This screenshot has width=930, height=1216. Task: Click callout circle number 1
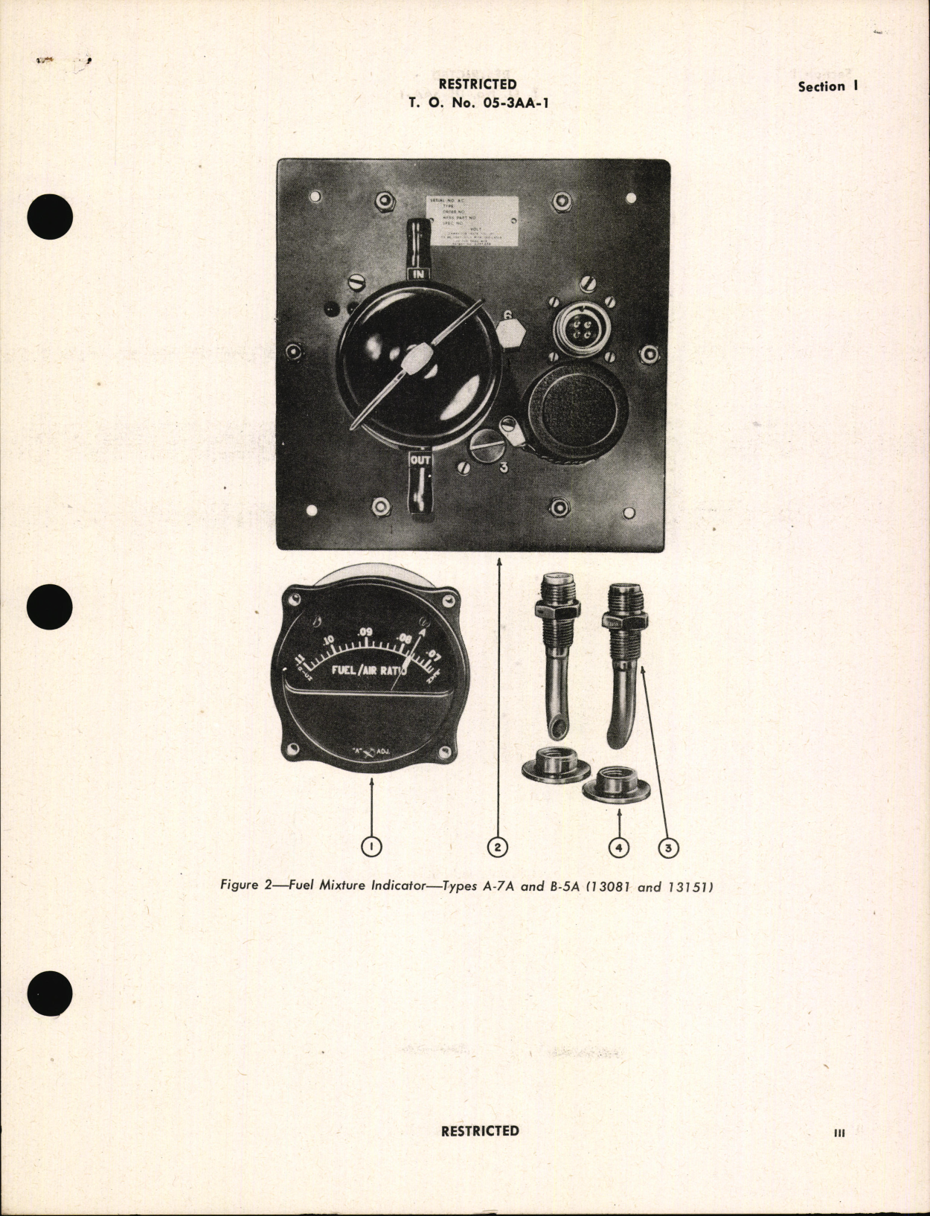point(370,846)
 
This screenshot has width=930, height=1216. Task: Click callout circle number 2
point(497,846)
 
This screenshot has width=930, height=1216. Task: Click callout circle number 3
point(668,847)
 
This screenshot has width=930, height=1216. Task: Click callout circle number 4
point(618,846)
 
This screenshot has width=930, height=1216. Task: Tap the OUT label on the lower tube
point(420,461)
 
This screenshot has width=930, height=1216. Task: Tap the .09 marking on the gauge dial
point(364,633)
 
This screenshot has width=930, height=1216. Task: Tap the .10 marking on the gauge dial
point(327,641)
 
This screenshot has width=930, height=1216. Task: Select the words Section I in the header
point(828,86)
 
